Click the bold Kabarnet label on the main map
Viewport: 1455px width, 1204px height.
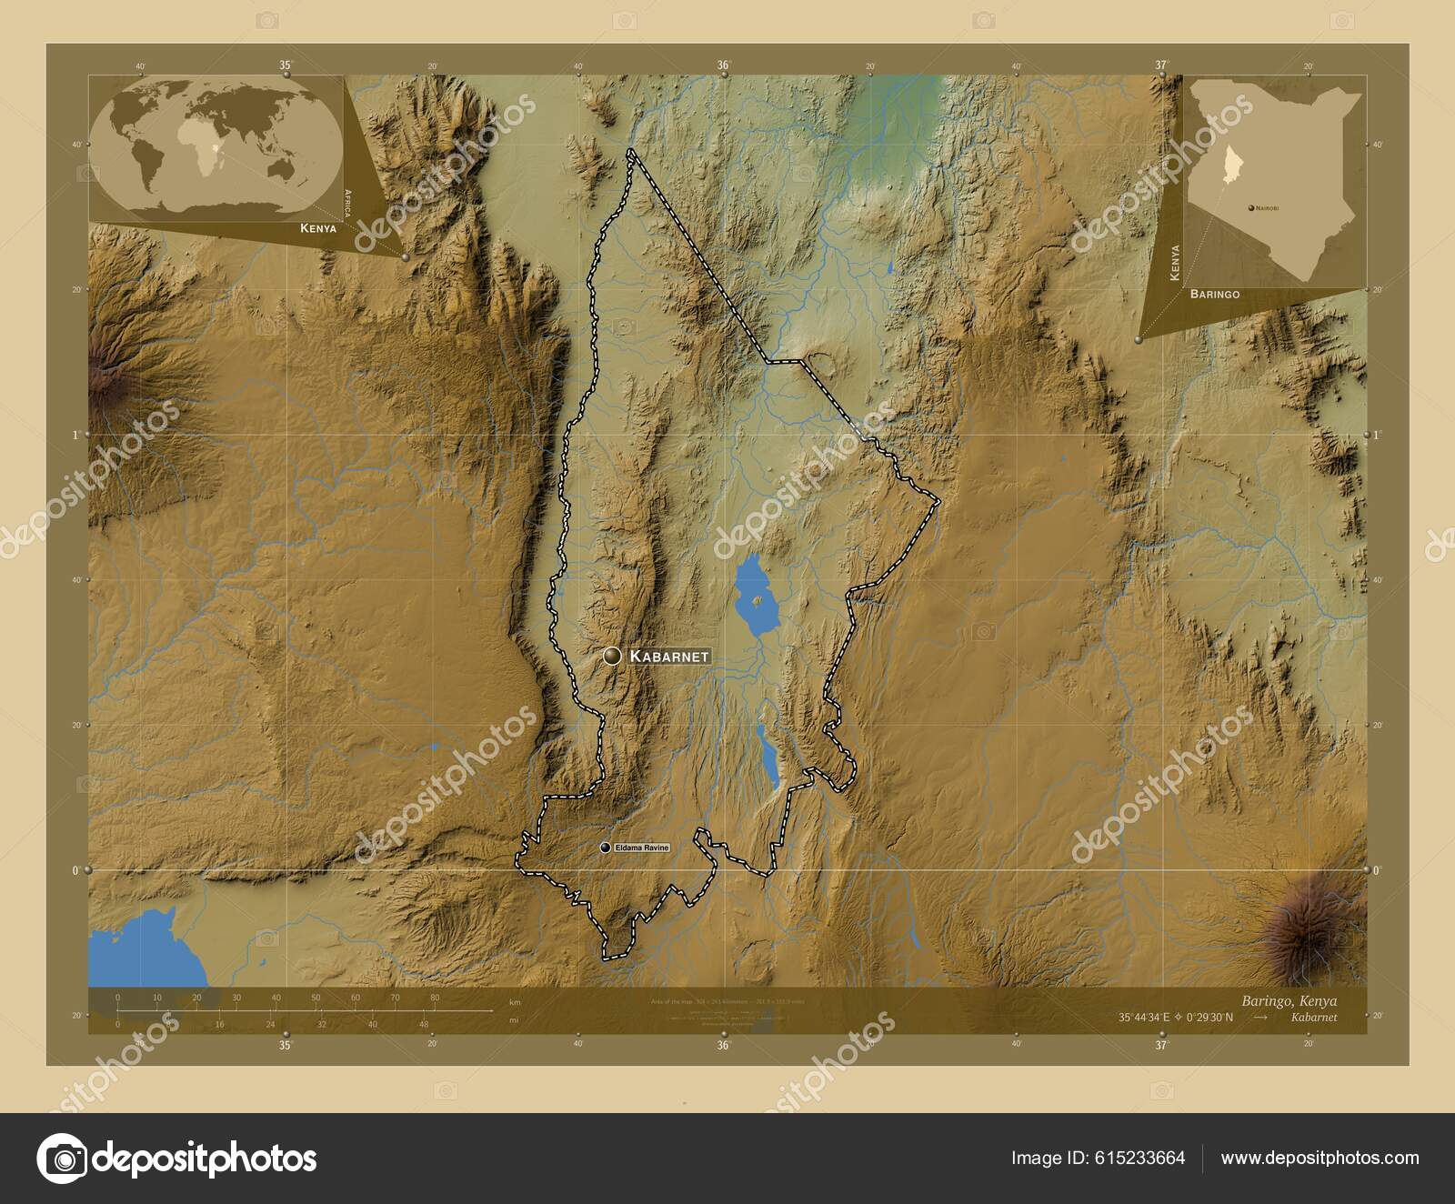tap(668, 656)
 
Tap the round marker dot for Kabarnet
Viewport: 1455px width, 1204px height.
tap(612, 656)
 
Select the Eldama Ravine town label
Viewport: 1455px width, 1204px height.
tap(642, 848)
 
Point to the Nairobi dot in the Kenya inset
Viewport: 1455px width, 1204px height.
tap(1251, 208)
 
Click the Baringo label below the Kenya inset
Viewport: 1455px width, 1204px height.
tap(1214, 295)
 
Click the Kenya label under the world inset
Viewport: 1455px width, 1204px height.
tap(318, 228)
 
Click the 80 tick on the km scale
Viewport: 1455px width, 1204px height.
tap(435, 998)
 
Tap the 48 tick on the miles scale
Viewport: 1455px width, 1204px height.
tap(424, 1024)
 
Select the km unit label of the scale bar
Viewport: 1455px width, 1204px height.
tap(516, 1002)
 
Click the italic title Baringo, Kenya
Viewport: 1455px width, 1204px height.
tap(1289, 1000)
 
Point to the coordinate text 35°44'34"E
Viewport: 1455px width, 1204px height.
tap(1149, 1018)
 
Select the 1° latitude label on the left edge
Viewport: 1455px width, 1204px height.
tap(75, 435)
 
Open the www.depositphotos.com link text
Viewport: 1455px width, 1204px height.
tap(1320, 1159)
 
